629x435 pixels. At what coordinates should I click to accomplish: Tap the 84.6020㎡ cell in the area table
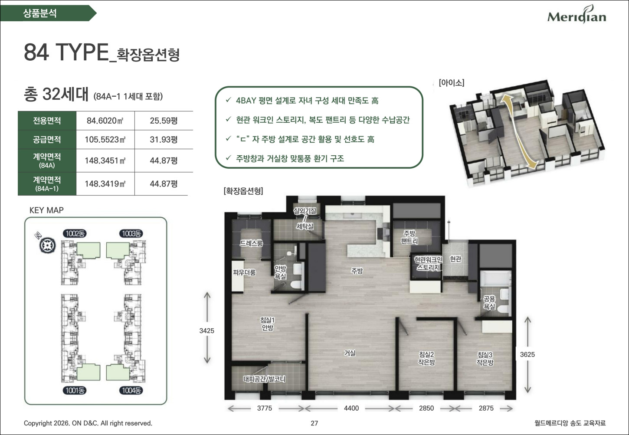pyautogui.click(x=105, y=121)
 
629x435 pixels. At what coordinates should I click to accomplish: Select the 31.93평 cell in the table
pyautogui.click(x=164, y=140)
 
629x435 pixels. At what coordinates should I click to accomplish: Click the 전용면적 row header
pyautogui.click(x=47, y=121)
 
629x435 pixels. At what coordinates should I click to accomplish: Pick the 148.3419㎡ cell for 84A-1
pyautogui.click(x=105, y=184)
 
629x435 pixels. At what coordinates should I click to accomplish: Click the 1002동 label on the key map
pyautogui.click(x=75, y=234)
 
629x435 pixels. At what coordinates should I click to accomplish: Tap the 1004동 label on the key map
pyautogui.click(x=131, y=390)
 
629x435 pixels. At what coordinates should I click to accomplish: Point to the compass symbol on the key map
pyautogui.click(x=47, y=246)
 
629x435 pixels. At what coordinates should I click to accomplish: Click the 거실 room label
pyautogui.click(x=350, y=353)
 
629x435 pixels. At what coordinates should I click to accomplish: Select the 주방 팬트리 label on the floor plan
pyautogui.click(x=409, y=237)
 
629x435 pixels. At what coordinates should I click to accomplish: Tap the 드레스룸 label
pyautogui.click(x=251, y=243)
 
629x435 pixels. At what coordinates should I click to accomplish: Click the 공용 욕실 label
pyautogui.click(x=489, y=302)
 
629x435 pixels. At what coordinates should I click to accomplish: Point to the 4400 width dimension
pyautogui.click(x=351, y=408)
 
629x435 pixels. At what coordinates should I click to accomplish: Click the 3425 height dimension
pyautogui.click(x=206, y=331)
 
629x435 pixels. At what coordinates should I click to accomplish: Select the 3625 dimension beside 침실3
pyautogui.click(x=527, y=354)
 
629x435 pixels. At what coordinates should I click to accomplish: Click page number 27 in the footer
pyautogui.click(x=314, y=423)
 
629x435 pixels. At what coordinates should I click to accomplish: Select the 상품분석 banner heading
pyautogui.click(x=40, y=13)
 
